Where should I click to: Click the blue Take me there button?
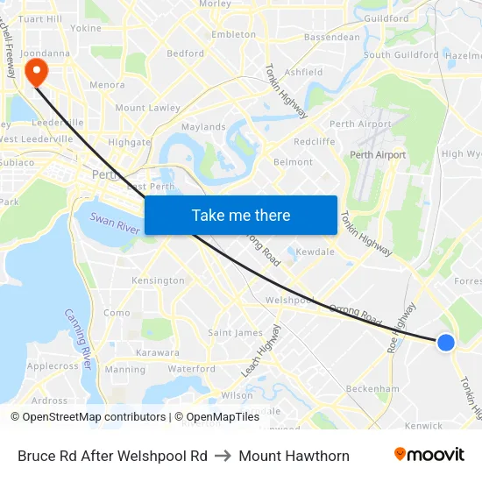240,215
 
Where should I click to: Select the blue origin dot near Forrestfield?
445,343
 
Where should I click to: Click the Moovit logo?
429,455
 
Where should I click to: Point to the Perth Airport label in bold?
378,155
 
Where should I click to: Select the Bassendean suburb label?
331,38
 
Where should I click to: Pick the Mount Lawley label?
147,108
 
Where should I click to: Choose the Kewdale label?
315,252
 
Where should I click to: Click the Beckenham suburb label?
372,388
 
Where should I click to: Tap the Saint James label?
235,332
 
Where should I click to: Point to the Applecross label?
53,366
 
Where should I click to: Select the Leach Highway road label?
261,350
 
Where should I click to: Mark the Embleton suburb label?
234,35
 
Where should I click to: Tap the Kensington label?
158,280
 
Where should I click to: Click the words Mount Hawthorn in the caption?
294,456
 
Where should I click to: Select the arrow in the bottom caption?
223,456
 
